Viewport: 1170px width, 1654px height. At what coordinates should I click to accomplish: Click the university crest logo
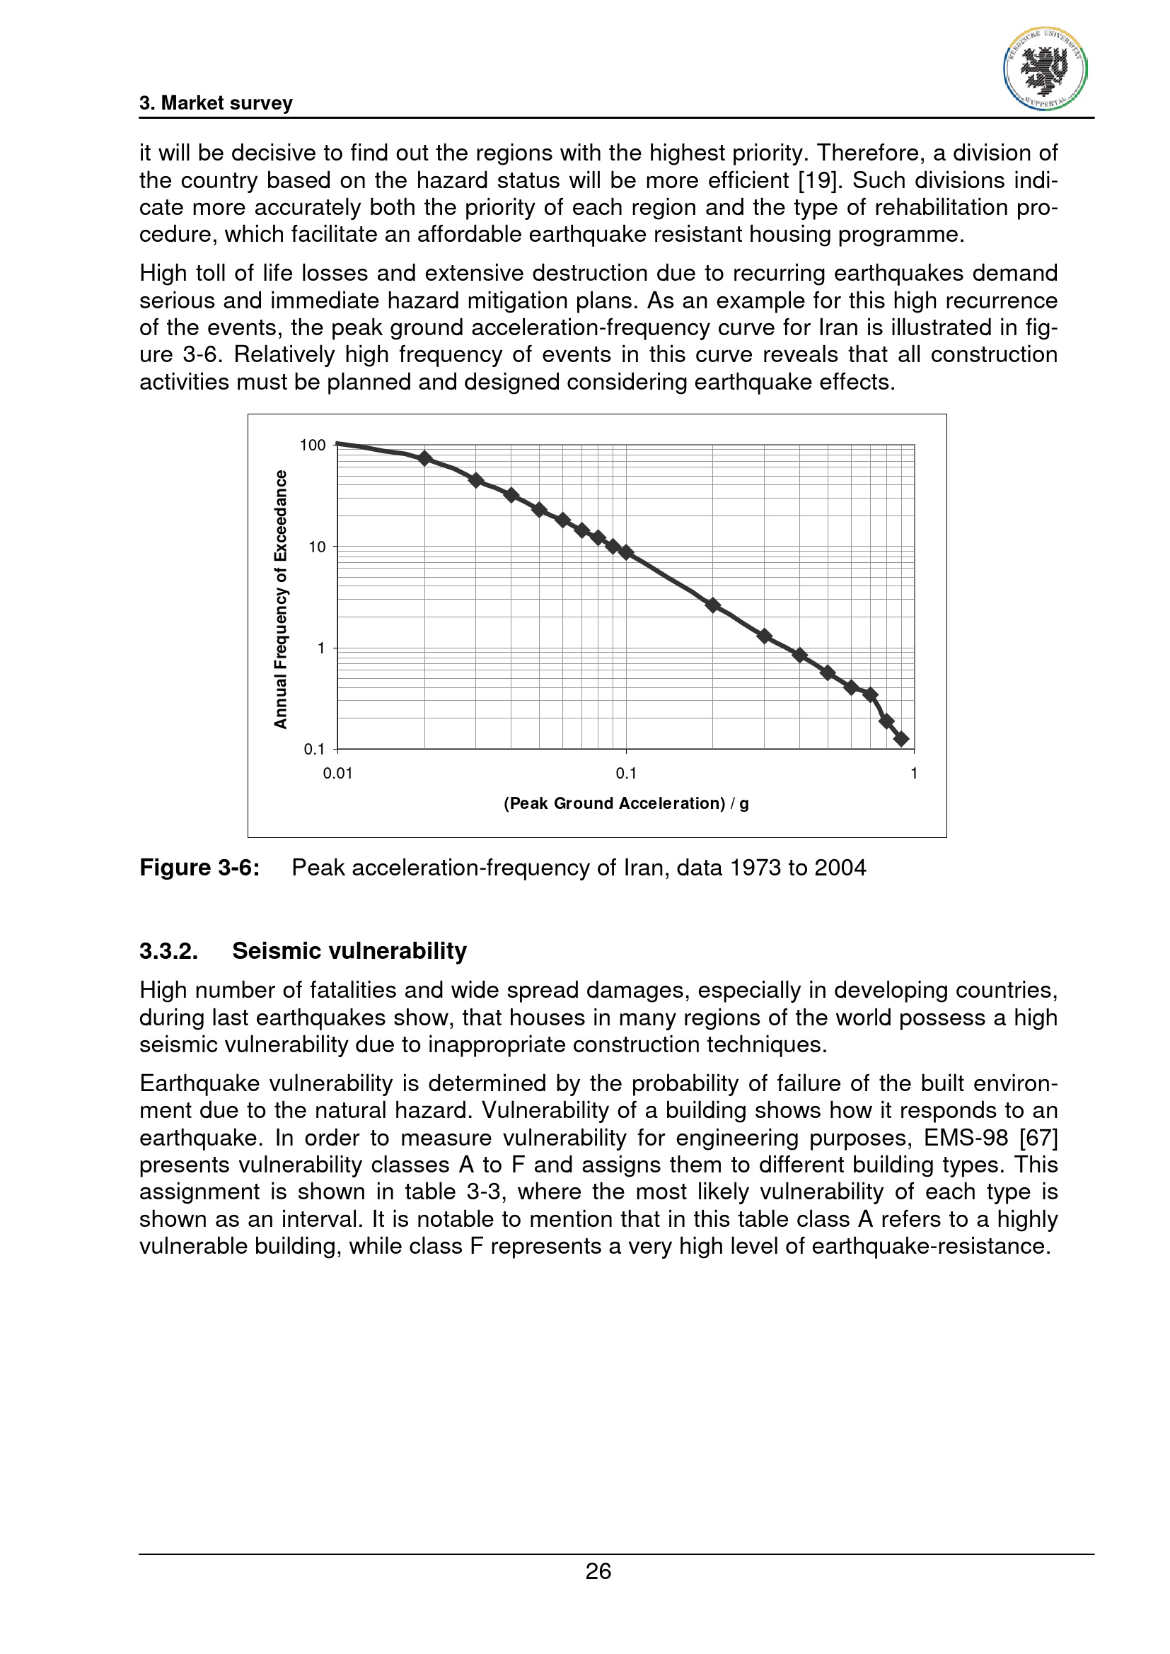(1045, 69)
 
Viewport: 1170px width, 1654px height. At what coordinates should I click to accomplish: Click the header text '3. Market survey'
(216, 103)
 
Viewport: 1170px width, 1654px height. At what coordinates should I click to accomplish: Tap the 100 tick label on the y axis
(313, 445)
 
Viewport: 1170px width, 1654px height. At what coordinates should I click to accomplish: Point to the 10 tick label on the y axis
(317, 547)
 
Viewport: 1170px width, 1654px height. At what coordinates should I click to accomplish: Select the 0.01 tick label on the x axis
(337, 774)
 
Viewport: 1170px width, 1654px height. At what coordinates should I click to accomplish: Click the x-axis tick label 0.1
(626, 774)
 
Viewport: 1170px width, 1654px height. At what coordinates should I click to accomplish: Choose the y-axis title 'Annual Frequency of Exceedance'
(280, 600)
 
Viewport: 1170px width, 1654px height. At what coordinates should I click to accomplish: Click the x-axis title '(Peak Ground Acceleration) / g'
(626, 803)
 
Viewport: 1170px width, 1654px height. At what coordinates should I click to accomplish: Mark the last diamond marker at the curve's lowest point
(900, 738)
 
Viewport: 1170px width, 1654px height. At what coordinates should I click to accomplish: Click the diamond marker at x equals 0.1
(626, 552)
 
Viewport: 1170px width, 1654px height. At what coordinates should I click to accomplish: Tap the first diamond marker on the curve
(424, 458)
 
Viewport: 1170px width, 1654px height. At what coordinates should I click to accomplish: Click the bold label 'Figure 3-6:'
(199, 868)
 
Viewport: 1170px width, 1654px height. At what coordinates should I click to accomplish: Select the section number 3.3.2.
(168, 951)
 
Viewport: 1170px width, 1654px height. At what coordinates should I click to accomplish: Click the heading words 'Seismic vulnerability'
(349, 951)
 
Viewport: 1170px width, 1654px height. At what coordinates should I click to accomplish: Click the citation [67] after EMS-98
(1038, 1138)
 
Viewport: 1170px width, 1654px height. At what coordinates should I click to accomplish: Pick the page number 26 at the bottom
(598, 1571)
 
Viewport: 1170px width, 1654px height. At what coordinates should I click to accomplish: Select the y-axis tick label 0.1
(314, 749)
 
